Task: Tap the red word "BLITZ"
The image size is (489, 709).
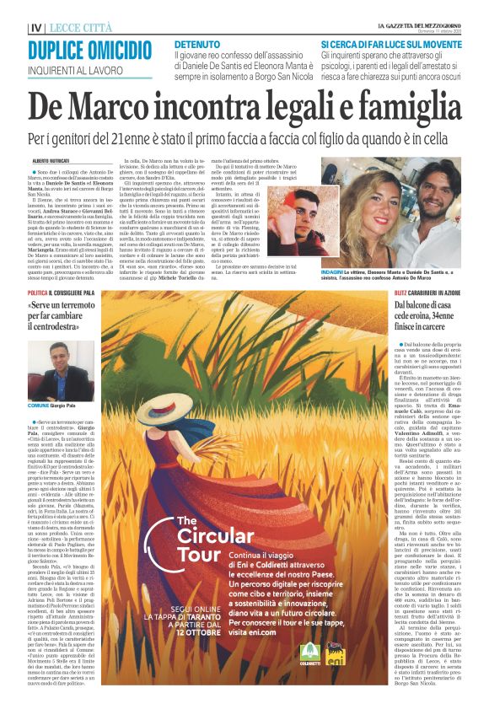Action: pyautogui.click(x=355, y=266)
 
